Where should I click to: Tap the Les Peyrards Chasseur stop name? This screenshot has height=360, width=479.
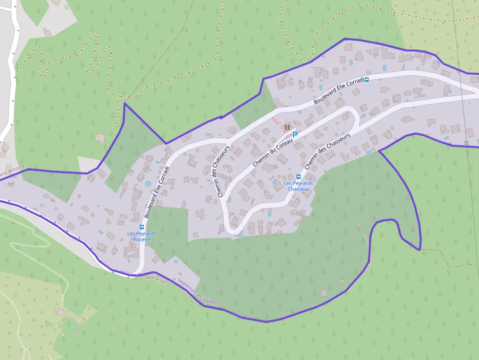pos(298,186)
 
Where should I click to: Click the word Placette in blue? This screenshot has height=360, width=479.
pos(142,239)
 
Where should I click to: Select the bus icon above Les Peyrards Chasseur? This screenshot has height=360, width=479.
pos(298,176)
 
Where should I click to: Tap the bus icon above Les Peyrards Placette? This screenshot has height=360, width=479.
pos(142,227)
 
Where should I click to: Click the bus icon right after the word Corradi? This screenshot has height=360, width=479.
pos(367,79)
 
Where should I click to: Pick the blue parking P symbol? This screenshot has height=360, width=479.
pos(295,133)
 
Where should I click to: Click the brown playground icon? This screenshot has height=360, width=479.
pos(287,127)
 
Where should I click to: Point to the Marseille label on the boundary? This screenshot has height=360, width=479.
pos(155,280)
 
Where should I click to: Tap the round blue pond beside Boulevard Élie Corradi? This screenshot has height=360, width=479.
pos(148,184)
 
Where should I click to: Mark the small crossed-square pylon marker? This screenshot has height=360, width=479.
pos(467,143)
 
